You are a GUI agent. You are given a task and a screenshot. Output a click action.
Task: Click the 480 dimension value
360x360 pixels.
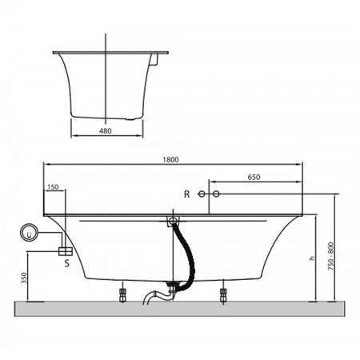[106, 131]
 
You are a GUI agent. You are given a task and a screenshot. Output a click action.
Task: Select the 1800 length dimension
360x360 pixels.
[170, 159]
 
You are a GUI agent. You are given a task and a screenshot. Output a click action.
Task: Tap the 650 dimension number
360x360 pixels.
[254, 177]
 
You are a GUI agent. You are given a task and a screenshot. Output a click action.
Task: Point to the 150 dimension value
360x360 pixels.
[53, 187]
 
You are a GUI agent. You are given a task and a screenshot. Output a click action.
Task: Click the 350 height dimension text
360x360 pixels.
[24, 278]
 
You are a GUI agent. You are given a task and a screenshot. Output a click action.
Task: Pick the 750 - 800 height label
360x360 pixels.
[330, 256]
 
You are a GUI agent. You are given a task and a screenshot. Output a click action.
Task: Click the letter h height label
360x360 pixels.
[312, 258]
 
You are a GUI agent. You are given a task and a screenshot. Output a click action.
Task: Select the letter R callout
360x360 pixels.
[186, 194]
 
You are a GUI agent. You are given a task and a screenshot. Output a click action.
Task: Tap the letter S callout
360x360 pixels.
[67, 263]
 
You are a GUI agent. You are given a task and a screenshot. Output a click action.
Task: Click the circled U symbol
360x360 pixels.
[29, 232]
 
